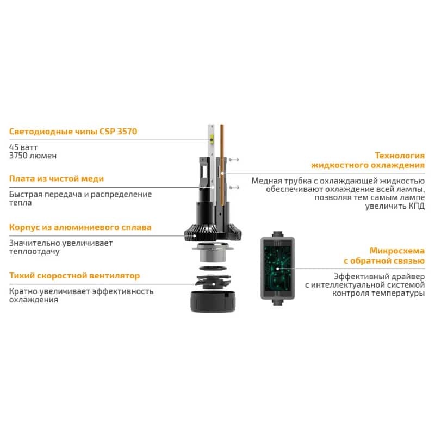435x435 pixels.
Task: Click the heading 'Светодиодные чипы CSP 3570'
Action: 73,131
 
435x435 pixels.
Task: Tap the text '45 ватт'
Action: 23,147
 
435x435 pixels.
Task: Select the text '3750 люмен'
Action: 33,156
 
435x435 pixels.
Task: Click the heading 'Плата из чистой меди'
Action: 57,178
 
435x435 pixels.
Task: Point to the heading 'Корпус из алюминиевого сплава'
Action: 80,227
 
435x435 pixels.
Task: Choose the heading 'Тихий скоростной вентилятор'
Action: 74,276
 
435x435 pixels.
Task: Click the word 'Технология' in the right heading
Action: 400,156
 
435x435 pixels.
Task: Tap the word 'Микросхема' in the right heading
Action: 397,251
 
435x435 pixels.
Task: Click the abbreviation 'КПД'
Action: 417,206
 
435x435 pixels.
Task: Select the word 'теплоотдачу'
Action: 34,251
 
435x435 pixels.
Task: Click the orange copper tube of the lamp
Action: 222,165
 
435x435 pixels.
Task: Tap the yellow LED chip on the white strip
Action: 212,137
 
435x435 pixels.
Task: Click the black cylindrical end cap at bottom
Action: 213,302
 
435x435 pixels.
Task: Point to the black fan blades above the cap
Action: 213,282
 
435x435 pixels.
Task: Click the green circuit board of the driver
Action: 277,269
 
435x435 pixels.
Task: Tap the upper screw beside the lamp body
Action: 234,159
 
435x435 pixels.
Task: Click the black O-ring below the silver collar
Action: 213,268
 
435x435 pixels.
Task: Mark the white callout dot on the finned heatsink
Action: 195,236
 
